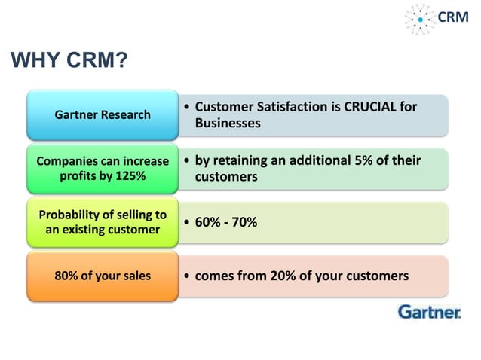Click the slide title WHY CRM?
(68, 60)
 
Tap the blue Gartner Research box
(103, 115)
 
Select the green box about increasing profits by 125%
(103, 169)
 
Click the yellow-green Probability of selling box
(103, 222)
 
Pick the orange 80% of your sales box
(103, 276)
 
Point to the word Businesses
(228, 123)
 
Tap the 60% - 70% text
(226, 222)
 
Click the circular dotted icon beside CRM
(420, 18)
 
